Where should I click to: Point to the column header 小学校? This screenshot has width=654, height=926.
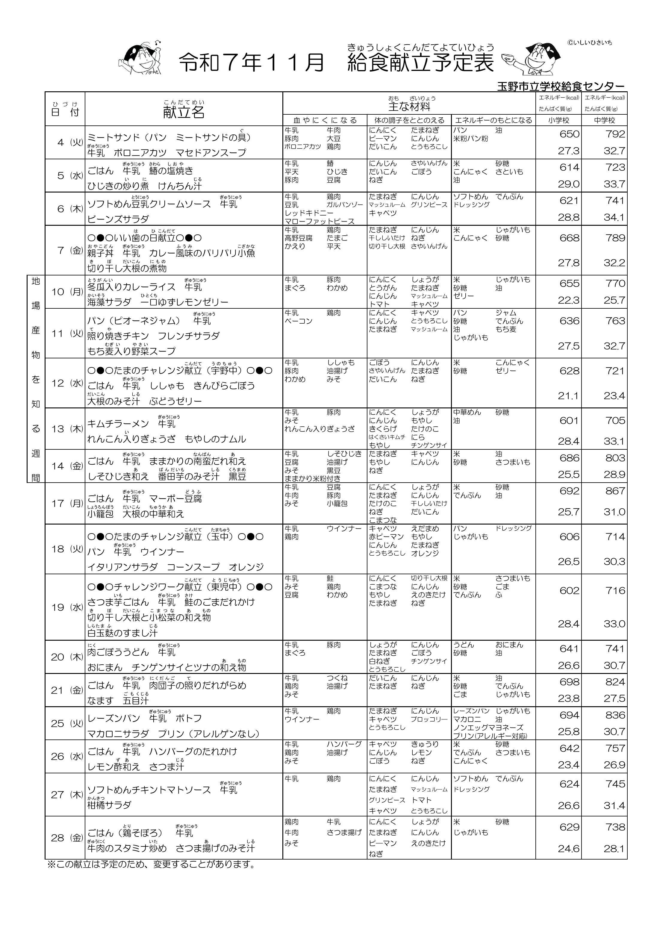click(x=558, y=120)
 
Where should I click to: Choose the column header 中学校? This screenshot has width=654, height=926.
click(x=604, y=120)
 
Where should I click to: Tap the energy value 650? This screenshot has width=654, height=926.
click(x=569, y=134)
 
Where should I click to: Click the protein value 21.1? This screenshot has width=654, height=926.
click(x=568, y=396)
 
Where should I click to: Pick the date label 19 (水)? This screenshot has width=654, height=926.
click(x=67, y=607)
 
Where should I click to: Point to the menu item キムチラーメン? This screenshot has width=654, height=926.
click(x=118, y=423)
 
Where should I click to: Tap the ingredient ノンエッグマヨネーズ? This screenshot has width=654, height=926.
click(x=488, y=728)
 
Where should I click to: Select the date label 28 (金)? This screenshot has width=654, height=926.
click(x=67, y=838)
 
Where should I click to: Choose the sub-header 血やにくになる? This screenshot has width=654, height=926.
click(x=325, y=120)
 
